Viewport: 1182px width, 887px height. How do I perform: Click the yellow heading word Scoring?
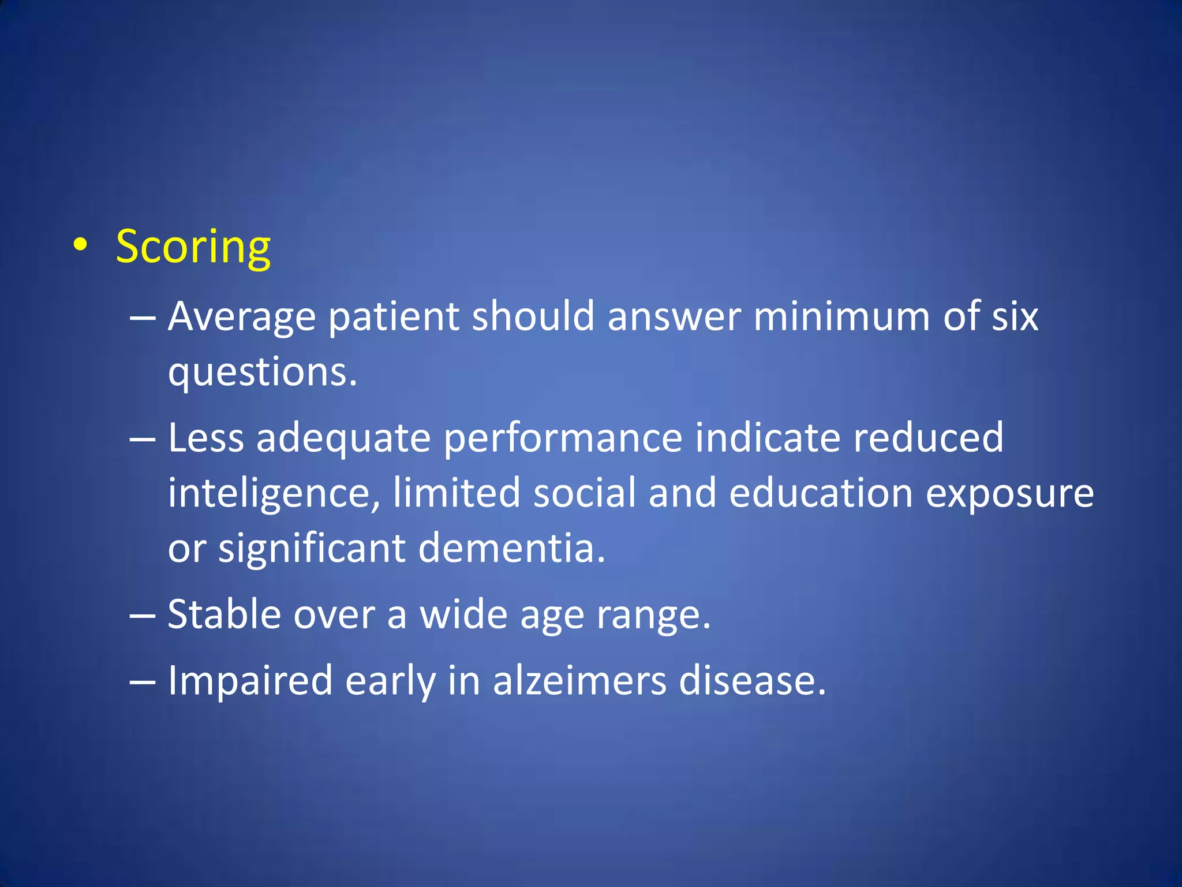193,247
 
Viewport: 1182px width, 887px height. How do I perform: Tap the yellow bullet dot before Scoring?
81,245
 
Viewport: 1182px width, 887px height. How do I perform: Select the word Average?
242,318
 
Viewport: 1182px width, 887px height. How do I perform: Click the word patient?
394,318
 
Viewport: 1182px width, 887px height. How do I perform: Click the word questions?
262,372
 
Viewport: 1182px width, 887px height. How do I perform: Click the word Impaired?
250,681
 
